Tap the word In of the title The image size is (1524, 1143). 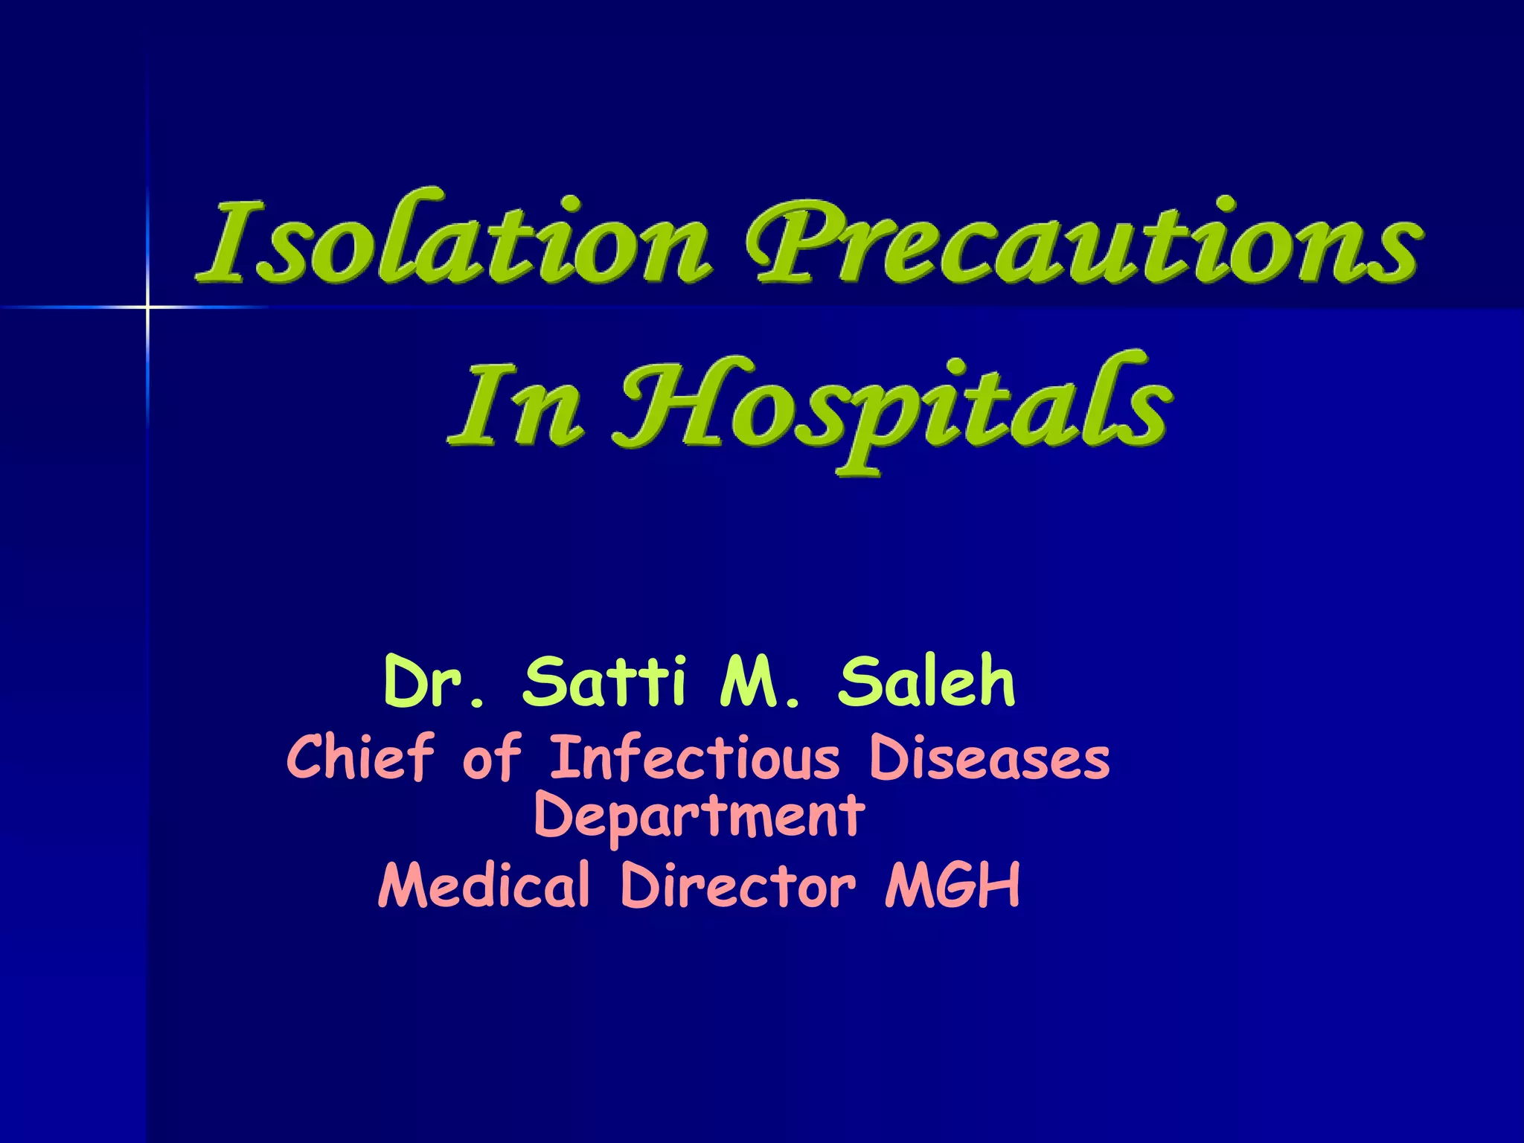coord(513,406)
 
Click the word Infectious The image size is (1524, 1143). coord(695,758)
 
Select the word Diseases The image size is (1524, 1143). coord(989,758)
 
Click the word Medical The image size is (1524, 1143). coord(484,885)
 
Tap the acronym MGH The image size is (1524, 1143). coord(952,885)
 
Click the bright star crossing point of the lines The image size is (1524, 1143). coord(147,307)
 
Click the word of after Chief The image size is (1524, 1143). coord(491,757)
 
